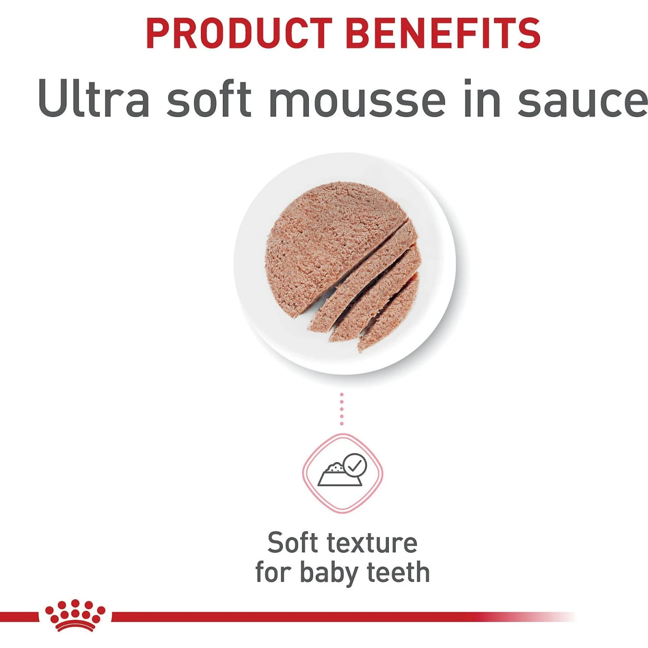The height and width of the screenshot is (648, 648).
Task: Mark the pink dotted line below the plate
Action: click(341, 409)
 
